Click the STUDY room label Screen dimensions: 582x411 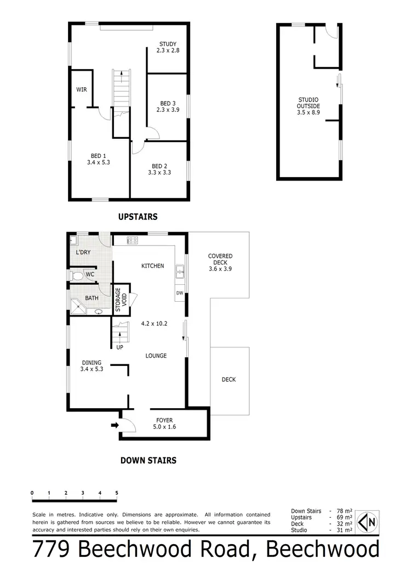pyautogui.click(x=168, y=44)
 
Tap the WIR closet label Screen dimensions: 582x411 pyautogui.click(x=82, y=89)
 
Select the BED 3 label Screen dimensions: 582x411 pyautogui.click(x=168, y=103)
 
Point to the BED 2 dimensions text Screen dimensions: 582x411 pyautogui.click(x=159, y=172)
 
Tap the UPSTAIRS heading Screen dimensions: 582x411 pyautogui.click(x=138, y=217)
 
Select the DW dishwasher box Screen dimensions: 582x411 pyautogui.click(x=180, y=293)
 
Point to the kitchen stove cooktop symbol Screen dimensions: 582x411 pyautogui.click(x=132, y=240)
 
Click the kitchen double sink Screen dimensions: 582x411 pyautogui.click(x=180, y=269)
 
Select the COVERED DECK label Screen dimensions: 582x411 pyautogui.click(x=220, y=262)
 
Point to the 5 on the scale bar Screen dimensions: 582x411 pyautogui.click(x=117, y=493)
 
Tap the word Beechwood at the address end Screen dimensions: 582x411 pyautogui.click(x=324, y=549)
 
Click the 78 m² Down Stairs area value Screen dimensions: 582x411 pyautogui.click(x=344, y=511)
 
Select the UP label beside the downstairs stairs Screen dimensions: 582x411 pyautogui.click(x=119, y=347)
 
